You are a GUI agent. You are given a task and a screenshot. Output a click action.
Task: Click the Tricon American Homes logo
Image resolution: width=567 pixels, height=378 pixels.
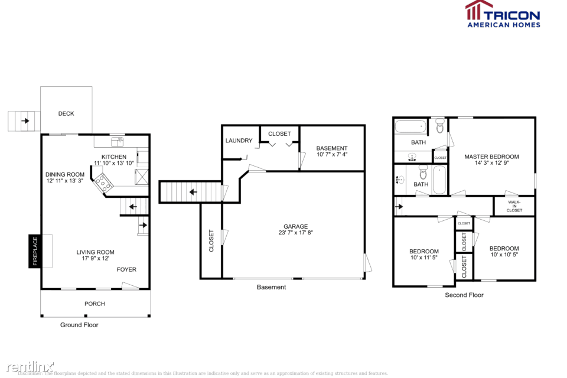[x=502, y=14]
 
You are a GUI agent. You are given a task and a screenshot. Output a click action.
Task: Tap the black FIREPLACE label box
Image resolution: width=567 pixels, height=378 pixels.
[x=35, y=251]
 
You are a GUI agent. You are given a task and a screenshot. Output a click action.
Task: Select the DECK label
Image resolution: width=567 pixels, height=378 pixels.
[x=66, y=113]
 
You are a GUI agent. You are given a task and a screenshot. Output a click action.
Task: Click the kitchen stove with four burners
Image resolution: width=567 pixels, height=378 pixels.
[x=104, y=181]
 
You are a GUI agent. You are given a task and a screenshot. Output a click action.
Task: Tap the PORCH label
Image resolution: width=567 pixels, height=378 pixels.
[x=94, y=304]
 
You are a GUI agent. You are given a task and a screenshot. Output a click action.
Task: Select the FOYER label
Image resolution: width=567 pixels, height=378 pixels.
[x=126, y=269]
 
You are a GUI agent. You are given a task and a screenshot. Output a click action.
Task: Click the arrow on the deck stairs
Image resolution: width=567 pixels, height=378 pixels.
[x=25, y=121]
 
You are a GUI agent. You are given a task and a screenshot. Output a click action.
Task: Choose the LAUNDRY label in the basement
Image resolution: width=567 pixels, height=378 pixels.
[x=239, y=141]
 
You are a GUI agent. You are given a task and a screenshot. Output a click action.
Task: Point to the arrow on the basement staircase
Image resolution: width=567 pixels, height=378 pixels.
[x=193, y=191]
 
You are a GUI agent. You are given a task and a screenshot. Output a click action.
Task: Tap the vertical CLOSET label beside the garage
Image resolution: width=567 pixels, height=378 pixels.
[x=211, y=241]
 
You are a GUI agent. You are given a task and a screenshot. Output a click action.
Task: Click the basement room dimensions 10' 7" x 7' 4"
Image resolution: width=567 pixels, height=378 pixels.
[x=331, y=155]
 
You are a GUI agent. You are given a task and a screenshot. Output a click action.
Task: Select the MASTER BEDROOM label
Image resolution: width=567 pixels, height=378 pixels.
[x=491, y=157]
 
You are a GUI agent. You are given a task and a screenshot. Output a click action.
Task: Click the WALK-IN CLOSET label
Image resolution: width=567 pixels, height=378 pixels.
[x=514, y=206]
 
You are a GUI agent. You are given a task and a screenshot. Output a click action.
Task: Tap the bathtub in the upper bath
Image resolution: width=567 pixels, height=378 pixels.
[x=410, y=126]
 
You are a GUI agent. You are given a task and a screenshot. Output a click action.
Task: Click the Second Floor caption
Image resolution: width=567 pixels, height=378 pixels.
[x=464, y=295]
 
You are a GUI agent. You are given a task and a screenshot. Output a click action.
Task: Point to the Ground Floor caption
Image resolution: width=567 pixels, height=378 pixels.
[x=79, y=325]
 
